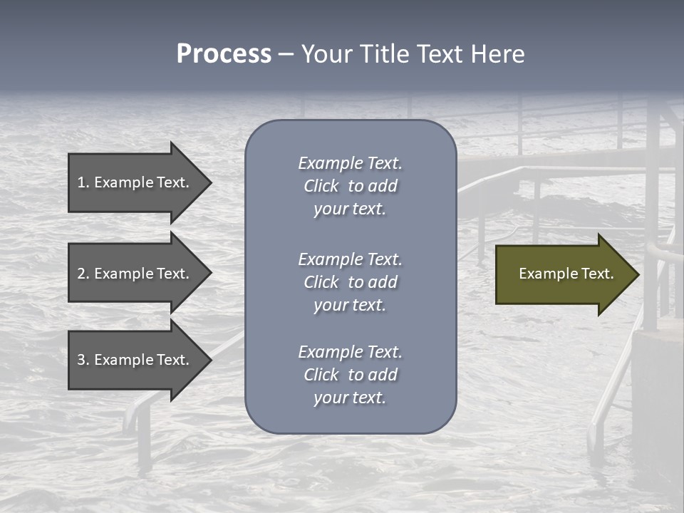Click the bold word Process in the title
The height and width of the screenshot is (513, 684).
[224, 54]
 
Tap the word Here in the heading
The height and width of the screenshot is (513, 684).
[497, 54]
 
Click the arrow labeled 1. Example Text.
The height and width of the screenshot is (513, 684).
[135, 182]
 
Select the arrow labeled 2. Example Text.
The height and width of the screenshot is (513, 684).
[135, 274]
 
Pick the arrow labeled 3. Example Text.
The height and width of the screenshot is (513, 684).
[135, 360]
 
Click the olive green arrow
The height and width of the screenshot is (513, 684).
[563, 274]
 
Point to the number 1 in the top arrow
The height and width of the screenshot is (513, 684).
[81, 182]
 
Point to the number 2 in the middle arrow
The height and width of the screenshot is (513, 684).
[81, 274]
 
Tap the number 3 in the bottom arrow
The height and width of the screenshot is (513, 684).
[81, 360]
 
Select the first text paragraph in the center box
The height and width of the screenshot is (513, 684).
[350, 186]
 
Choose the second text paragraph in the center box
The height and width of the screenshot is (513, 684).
[350, 282]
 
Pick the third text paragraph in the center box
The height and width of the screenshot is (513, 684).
[350, 375]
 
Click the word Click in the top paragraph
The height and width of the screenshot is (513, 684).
[321, 186]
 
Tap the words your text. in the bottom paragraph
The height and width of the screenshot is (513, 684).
[350, 398]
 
